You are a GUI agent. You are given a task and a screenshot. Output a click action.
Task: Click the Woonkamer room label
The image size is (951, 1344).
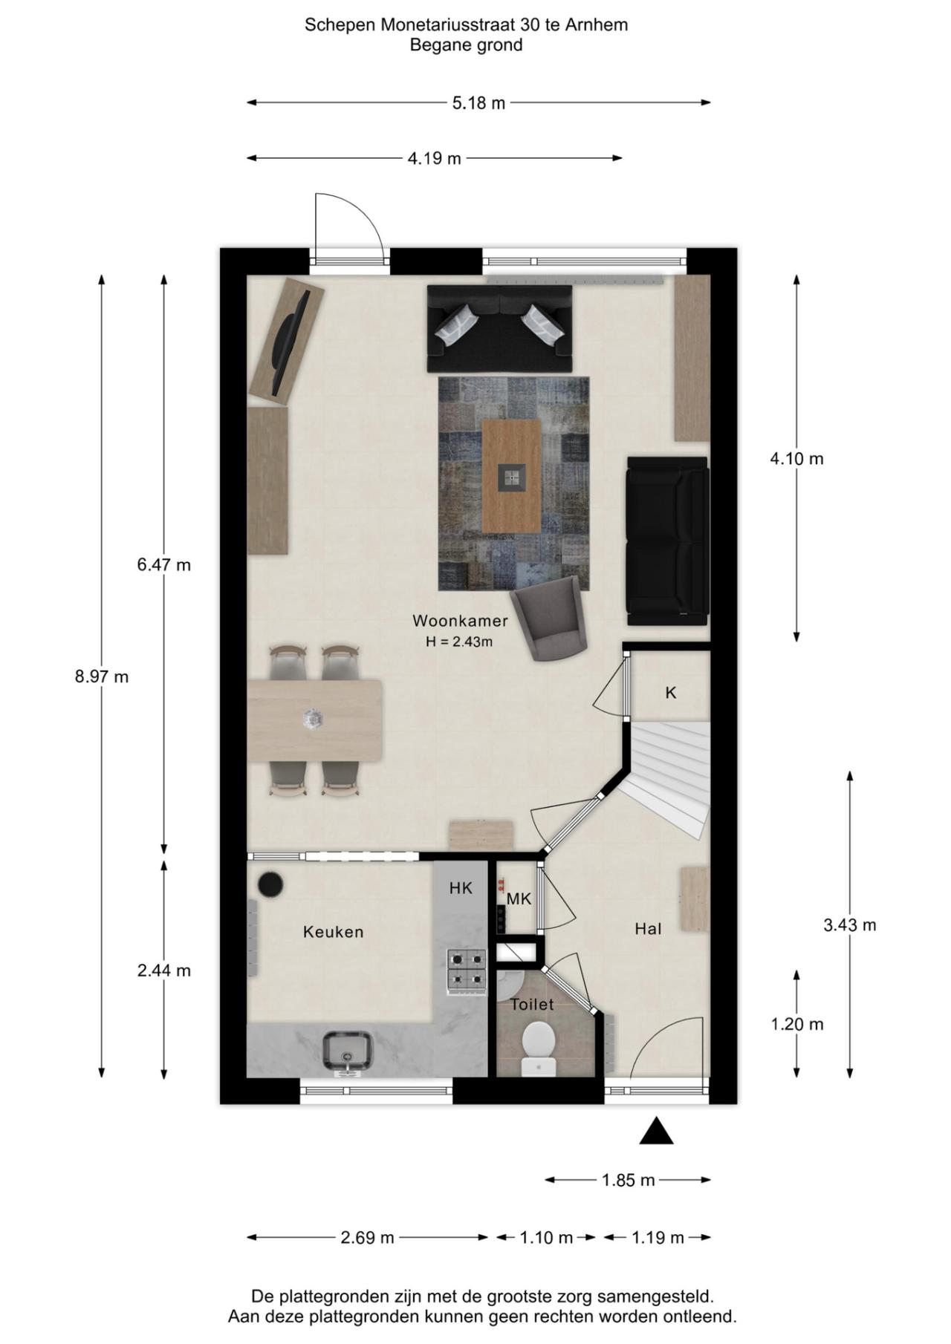tap(460, 621)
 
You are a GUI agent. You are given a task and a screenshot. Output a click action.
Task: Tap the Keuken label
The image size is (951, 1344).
tap(333, 932)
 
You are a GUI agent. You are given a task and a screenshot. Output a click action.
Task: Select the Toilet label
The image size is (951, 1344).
tap(532, 1005)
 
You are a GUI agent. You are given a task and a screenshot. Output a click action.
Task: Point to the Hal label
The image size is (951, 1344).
tap(648, 928)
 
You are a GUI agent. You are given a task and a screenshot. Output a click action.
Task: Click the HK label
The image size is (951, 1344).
tap(461, 888)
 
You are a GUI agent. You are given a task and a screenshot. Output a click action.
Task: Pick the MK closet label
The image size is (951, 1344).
tap(519, 899)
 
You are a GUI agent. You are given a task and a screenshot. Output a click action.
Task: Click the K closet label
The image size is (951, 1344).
tap(671, 693)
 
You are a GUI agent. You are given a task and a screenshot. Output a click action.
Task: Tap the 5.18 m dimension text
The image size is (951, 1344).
tap(478, 103)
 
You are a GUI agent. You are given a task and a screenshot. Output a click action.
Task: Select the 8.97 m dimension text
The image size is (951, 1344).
tap(101, 676)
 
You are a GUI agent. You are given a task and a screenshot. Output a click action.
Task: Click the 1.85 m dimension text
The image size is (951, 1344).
tap(628, 1180)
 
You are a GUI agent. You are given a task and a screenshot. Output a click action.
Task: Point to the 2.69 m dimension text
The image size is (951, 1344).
tap(367, 1238)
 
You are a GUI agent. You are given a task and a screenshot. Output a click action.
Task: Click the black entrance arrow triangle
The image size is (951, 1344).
tap(656, 1132)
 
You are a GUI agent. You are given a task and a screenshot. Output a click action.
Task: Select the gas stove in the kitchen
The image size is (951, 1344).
tap(466, 971)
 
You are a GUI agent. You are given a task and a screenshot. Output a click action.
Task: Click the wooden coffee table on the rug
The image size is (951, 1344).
tap(511, 476)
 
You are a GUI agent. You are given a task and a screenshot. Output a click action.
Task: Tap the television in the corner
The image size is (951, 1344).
tap(289, 343)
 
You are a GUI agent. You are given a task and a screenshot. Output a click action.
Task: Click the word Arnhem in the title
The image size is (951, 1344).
tap(596, 25)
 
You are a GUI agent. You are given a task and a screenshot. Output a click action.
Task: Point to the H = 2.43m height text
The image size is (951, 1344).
tap(459, 642)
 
